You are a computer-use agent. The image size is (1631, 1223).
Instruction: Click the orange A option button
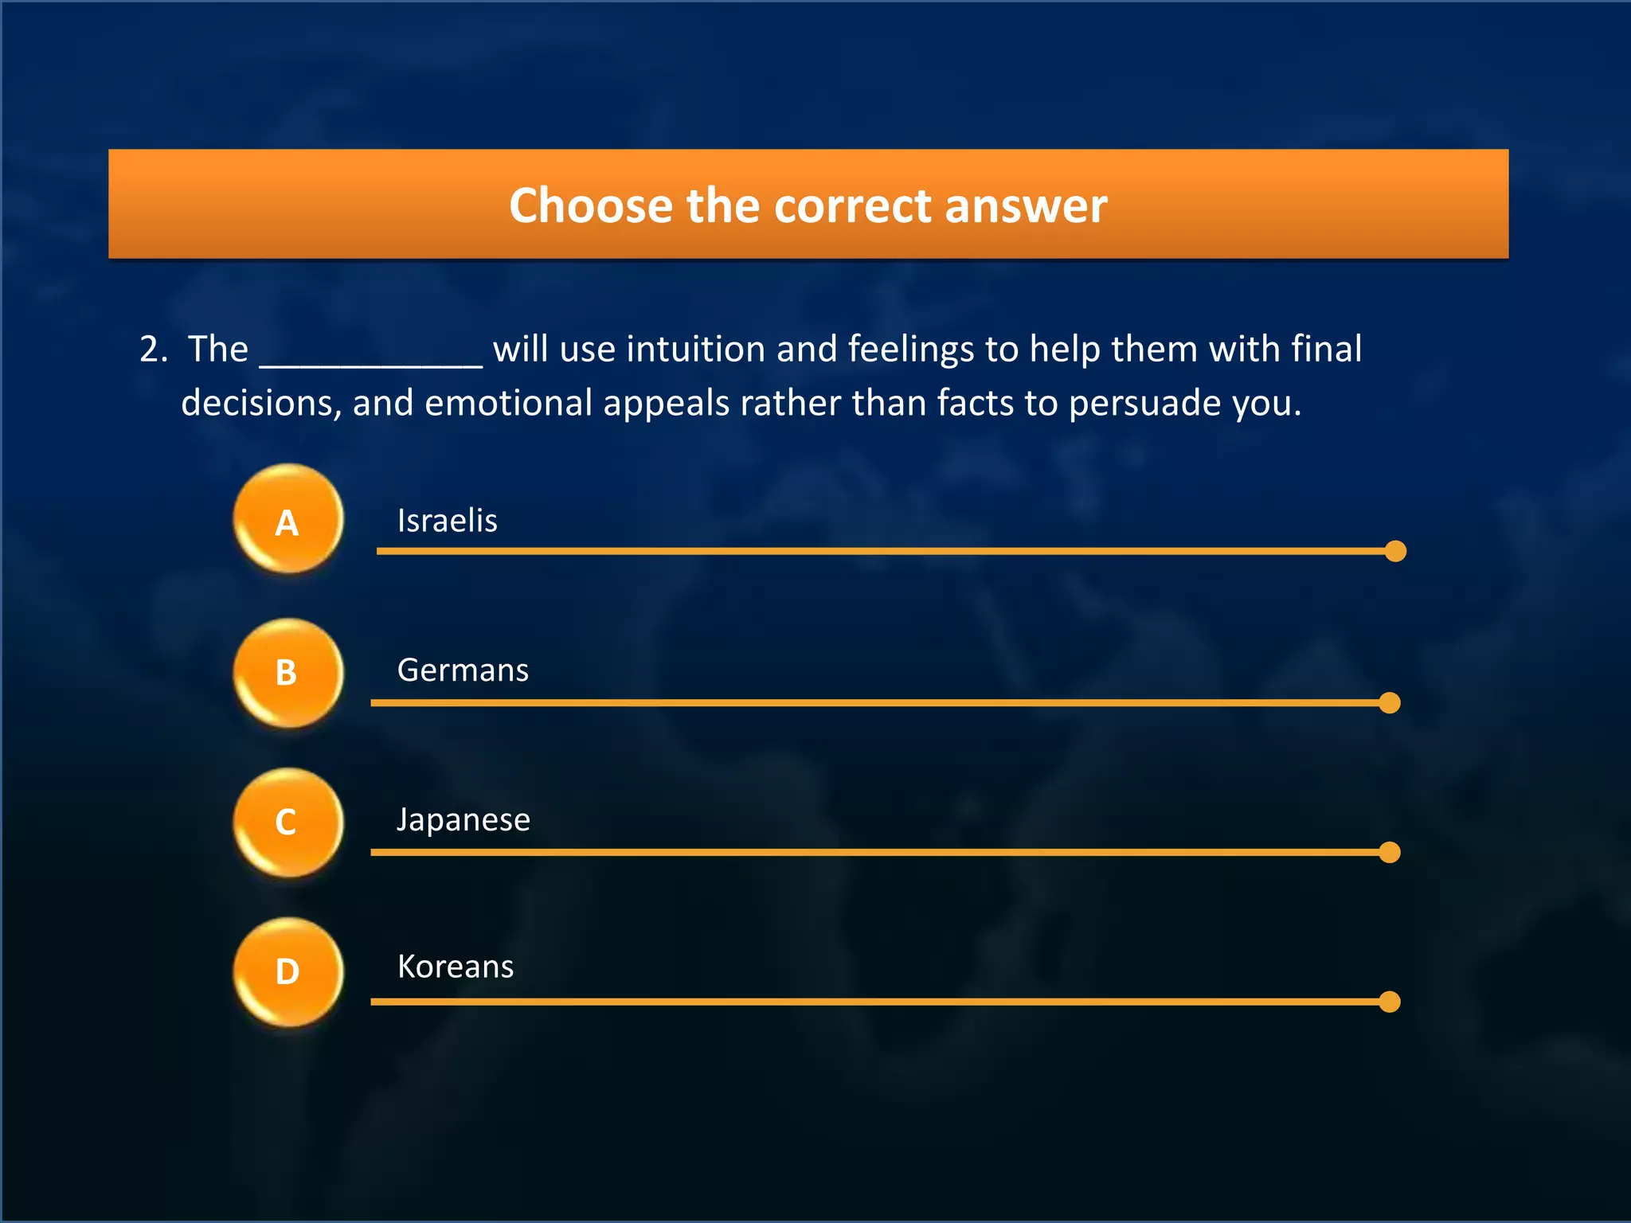tap(288, 519)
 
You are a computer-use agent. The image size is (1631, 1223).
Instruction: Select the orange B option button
tap(288, 673)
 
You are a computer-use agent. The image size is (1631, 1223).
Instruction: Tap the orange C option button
tap(288, 822)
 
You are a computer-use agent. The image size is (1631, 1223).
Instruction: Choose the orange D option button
tap(288, 972)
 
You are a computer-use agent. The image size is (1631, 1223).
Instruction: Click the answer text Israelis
tap(447, 521)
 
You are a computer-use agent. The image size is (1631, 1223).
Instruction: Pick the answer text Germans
tap(463, 670)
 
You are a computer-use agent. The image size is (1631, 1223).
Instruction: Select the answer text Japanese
tap(463, 820)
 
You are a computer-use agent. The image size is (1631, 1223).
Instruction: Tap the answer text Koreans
tap(456, 967)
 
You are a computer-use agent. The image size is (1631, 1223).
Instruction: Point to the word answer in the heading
tap(1026, 205)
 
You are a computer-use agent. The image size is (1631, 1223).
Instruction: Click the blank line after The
tap(371, 354)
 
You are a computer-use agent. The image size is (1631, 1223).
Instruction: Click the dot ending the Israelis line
tap(1395, 551)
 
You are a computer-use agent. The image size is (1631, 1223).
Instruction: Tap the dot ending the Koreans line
tap(1390, 1002)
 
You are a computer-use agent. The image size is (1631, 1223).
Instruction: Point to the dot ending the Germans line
tap(1390, 703)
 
